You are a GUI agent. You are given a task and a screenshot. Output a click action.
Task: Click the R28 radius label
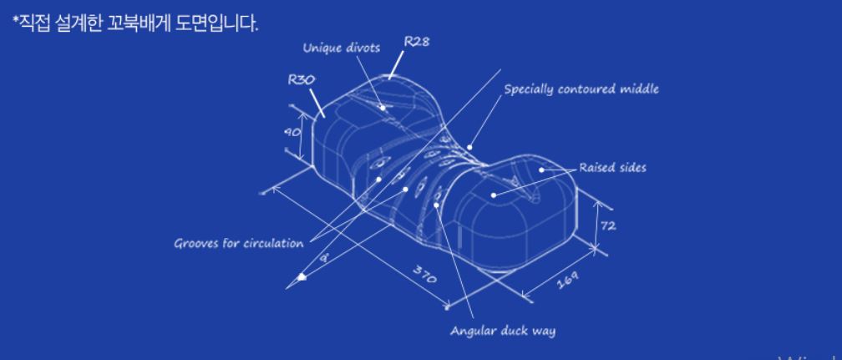pos(416,43)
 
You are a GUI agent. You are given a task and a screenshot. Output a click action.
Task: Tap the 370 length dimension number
pos(426,275)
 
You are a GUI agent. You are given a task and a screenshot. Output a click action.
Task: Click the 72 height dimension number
pos(608,226)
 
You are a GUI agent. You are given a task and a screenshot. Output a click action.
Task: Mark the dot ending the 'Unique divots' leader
pos(383,107)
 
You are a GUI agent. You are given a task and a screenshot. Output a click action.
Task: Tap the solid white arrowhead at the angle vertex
pos(302,276)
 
